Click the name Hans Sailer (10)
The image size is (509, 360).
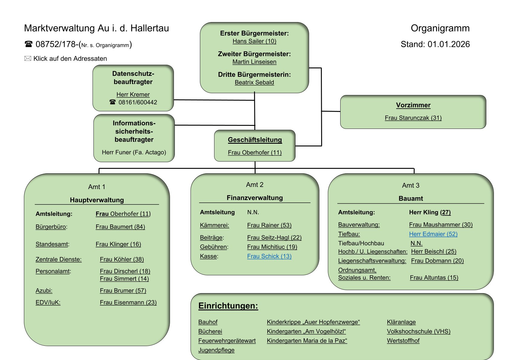point(254,41)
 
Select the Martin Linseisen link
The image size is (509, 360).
point(254,62)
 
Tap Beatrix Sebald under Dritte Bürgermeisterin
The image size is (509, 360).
point(254,82)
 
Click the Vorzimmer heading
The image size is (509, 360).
point(413,105)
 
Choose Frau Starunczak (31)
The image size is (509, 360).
point(413,118)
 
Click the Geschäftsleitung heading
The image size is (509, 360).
point(255,140)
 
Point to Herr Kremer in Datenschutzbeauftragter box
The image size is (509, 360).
point(133,94)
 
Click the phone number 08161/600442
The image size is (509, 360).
point(138,102)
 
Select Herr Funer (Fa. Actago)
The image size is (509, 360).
point(134,152)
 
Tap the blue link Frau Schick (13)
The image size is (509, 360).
point(269,256)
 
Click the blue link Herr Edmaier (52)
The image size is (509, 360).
point(433,234)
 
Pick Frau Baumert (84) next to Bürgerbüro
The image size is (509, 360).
point(120,227)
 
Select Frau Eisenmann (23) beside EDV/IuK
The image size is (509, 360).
point(128,302)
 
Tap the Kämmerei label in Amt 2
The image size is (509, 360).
point(214,225)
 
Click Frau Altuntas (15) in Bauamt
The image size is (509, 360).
point(434,277)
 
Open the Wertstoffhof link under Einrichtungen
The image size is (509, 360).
point(403,341)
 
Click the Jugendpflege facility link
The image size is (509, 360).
point(216,350)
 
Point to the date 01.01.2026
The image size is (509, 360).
point(449,44)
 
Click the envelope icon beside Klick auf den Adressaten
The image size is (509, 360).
point(28,58)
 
